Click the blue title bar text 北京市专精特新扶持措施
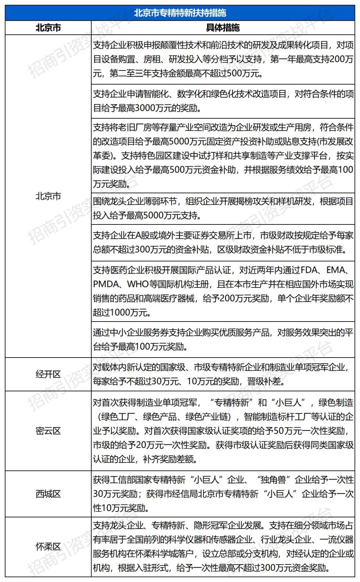point(180,13)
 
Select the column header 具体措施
point(223,28)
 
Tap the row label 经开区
point(48,374)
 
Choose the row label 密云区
point(48,431)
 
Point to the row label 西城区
point(48,494)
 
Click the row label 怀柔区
point(48,547)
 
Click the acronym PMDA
point(106,284)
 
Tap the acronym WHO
point(138,284)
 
